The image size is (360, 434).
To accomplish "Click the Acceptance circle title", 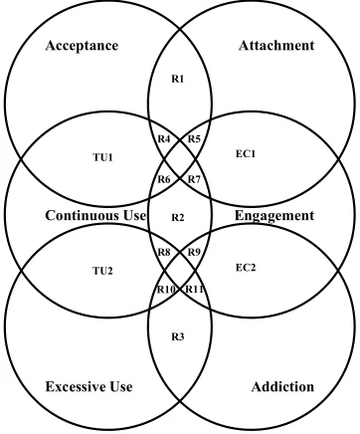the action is (x=82, y=46).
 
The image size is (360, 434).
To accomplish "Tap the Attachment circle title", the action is (x=276, y=46).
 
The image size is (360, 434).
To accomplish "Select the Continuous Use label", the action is (x=95, y=215).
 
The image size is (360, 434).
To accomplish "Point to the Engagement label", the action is (x=274, y=216).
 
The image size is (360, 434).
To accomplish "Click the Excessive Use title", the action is (x=89, y=386).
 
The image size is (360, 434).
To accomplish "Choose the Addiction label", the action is (x=282, y=387).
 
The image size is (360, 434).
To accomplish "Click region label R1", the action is (x=178, y=79).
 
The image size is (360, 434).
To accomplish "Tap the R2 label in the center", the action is (x=178, y=218).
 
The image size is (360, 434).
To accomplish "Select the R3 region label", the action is (x=178, y=337).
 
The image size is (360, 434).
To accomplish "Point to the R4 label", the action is (x=164, y=138).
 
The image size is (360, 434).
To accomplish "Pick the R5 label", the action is (x=194, y=138).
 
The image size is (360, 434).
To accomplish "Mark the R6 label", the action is (x=164, y=179).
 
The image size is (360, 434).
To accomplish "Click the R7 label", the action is (x=194, y=179).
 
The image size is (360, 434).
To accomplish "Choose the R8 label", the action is (x=164, y=252).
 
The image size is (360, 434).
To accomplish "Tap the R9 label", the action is (x=194, y=252).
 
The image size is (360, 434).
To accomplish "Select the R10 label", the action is (x=165, y=290).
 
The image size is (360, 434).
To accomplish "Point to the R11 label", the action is (x=194, y=290).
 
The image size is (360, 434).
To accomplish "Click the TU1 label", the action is (x=102, y=157).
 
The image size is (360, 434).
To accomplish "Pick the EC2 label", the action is (x=246, y=268).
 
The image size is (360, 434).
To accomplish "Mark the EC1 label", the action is (x=246, y=153).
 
